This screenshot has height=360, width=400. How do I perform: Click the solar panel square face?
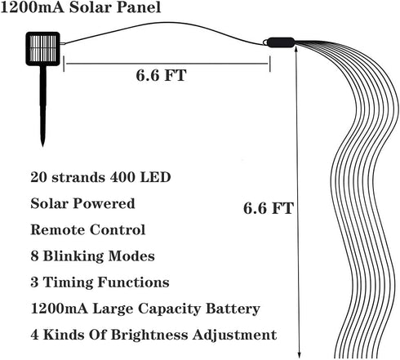(42, 49)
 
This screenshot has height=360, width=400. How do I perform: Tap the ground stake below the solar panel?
(42, 106)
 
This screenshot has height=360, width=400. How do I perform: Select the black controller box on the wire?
(280, 42)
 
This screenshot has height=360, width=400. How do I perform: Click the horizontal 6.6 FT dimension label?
(161, 75)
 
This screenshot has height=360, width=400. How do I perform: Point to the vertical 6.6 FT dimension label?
(269, 208)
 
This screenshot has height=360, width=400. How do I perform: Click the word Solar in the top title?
(90, 7)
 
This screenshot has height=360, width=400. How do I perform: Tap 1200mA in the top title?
(32, 7)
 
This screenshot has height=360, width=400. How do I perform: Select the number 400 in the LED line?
(122, 177)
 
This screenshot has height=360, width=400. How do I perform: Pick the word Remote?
(58, 229)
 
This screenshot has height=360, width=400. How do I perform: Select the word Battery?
(233, 309)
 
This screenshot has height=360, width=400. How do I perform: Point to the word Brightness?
(149, 335)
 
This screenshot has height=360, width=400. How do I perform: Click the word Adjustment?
(234, 335)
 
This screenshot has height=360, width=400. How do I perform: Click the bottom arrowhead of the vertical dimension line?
(300, 355)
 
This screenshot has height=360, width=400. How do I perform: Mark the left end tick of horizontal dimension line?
(64, 64)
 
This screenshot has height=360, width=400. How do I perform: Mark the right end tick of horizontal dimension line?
(269, 64)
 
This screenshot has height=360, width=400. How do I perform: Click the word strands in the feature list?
(78, 177)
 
